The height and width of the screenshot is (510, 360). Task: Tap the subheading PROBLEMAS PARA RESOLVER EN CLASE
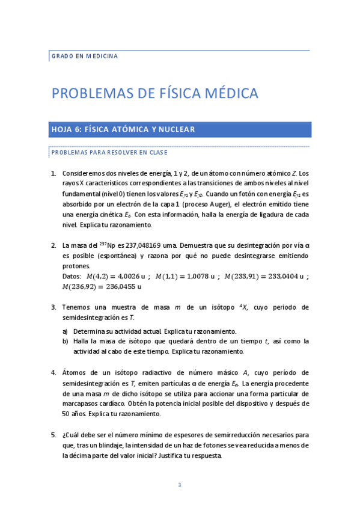[x=109, y=153]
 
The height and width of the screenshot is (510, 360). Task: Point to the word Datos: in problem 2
[x=72, y=276]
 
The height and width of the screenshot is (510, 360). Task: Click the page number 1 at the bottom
[x=179, y=485]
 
